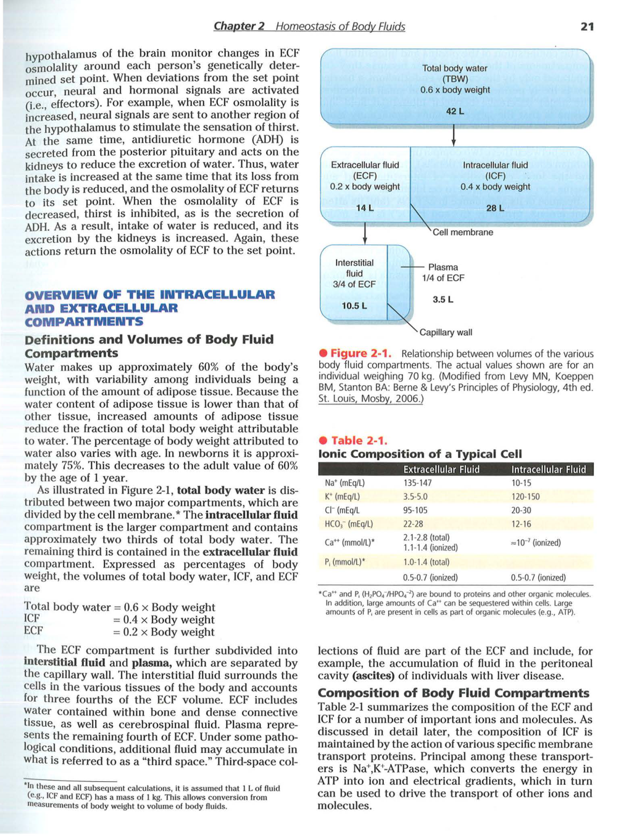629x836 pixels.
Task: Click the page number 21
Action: (587, 26)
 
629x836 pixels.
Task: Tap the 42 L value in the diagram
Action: (454, 111)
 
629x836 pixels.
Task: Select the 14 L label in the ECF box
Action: (364, 208)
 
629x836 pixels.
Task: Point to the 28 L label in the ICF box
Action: (495, 208)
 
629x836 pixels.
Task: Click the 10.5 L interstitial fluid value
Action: (354, 306)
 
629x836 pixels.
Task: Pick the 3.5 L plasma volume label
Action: (443, 300)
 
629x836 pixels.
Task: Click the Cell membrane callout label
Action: (463, 232)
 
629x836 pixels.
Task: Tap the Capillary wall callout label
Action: (446, 332)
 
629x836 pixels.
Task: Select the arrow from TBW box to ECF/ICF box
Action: (454, 135)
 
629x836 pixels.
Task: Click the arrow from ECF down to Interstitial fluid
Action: (365, 233)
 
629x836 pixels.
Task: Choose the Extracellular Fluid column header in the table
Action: (441, 470)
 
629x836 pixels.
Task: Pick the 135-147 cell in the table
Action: (418, 483)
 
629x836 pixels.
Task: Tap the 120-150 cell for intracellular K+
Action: (525, 497)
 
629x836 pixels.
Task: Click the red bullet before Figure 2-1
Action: (323, 353)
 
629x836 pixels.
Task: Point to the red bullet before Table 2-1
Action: (323, 441)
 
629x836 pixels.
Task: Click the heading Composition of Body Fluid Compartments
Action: (453, 693)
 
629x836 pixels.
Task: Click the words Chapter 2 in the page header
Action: (239, 26)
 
